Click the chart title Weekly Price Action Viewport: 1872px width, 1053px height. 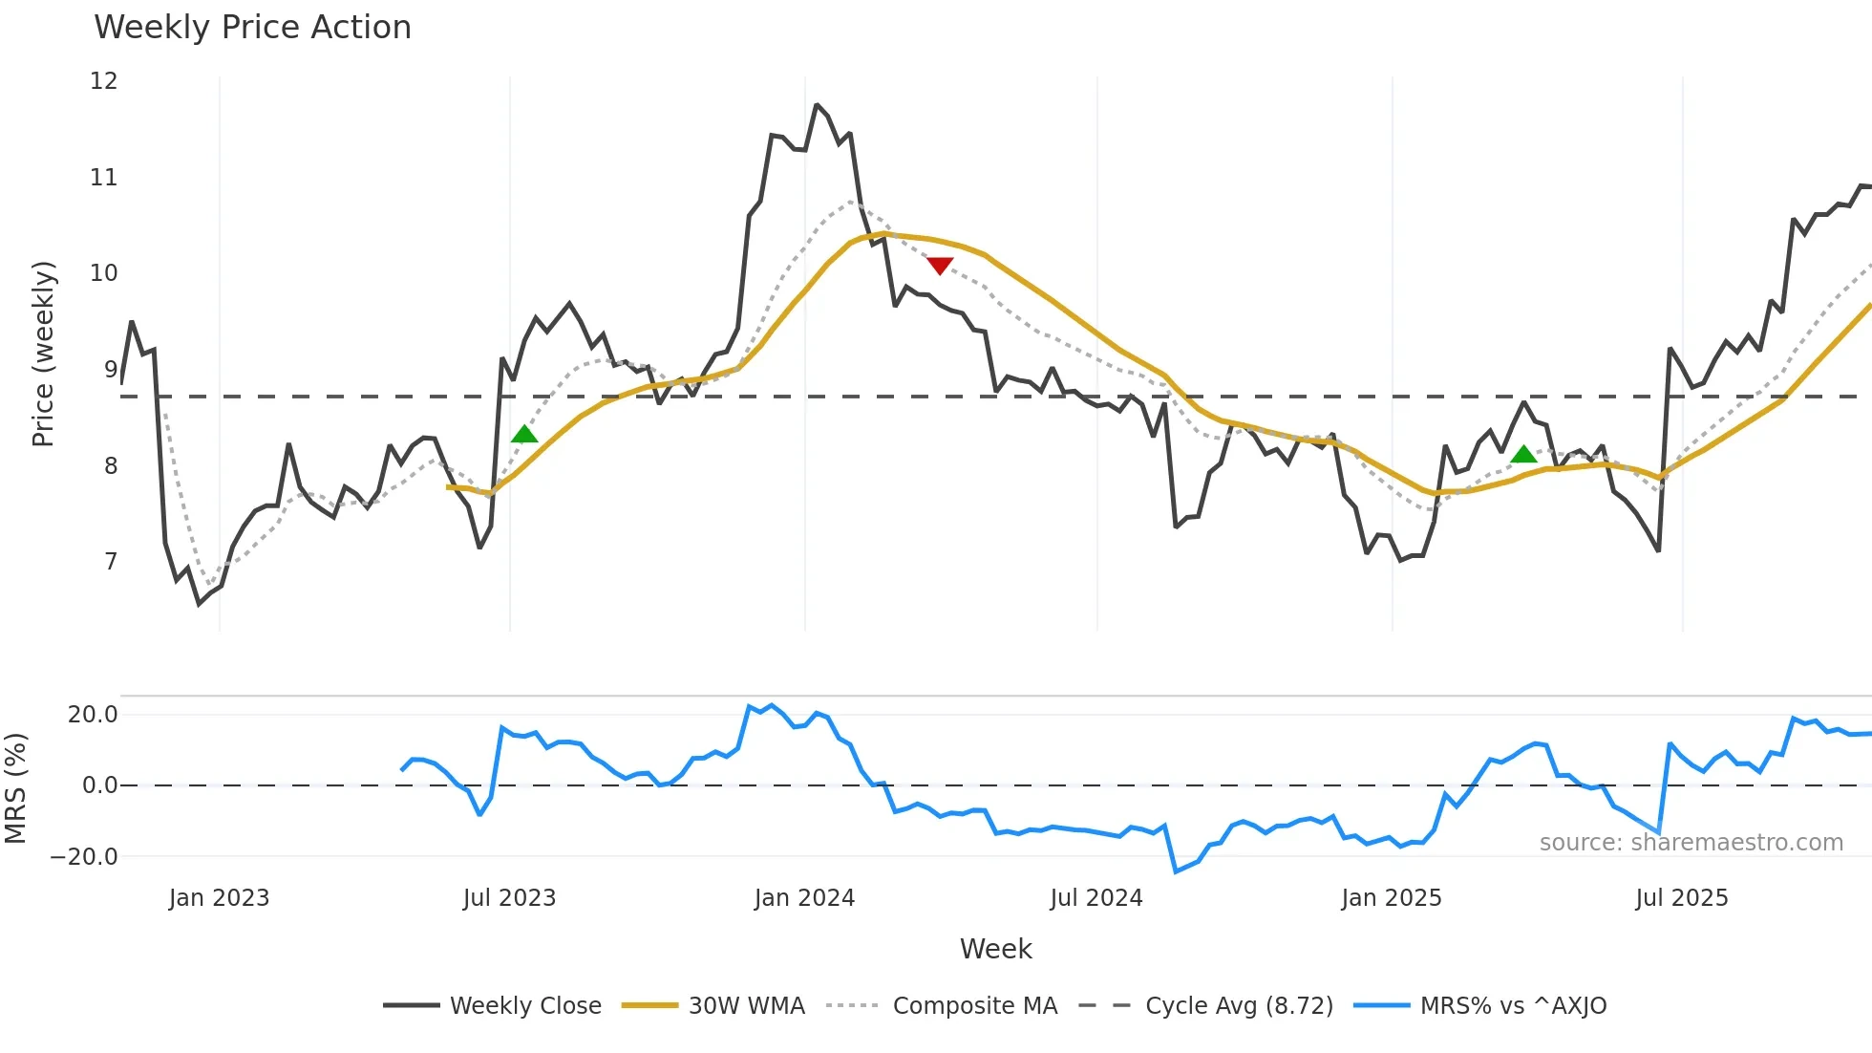pos(252,28)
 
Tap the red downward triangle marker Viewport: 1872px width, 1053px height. pos(940,266)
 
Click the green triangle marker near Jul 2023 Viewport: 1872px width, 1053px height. pos(524,435)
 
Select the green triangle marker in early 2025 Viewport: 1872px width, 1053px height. pos(1524,454)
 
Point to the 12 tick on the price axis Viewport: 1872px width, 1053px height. pos(103,81)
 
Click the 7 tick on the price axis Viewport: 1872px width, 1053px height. pos(111,562)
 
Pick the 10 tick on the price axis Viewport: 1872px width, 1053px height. pos(103,273)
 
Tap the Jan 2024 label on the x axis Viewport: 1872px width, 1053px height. pos(804,898)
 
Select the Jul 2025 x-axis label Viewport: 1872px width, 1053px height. pos(1681,898)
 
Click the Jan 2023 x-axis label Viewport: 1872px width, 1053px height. pos(219,898)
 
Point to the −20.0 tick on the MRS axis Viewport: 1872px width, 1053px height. pos(84,857)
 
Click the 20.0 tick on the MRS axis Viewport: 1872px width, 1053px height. pos(93,715)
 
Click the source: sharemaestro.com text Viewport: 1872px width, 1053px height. pos(1691,843)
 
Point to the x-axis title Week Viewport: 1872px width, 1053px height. pos(995,949)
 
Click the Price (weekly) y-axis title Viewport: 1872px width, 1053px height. pos(43,354)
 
